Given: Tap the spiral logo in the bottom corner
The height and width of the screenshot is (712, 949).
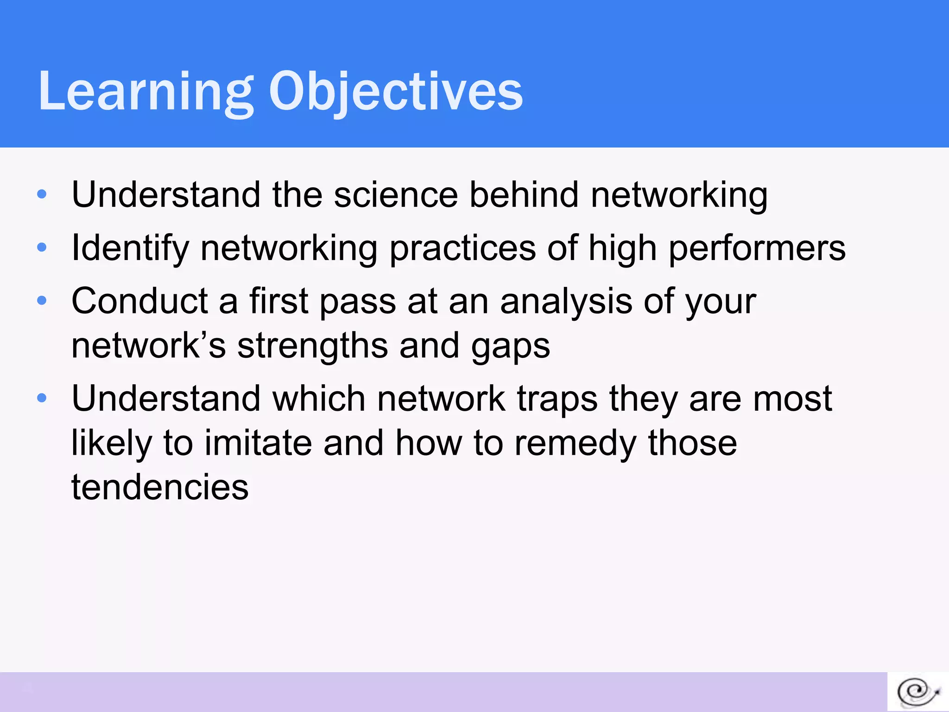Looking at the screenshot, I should pos(918,693).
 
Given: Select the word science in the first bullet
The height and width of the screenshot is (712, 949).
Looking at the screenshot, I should pos(396,195).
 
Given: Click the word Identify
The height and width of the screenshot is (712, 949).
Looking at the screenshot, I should pos(130,248).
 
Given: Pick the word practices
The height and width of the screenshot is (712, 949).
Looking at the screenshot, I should pos(462,248).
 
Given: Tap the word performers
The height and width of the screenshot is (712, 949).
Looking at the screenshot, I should pos(757,248).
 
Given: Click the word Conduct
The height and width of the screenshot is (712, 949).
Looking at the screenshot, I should pos(139,301).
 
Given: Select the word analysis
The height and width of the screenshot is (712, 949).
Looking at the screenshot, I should pos(566,301).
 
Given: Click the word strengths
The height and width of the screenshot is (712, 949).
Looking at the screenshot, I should pos(312,346).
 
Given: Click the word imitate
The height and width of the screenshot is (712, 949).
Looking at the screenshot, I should pos(258,443).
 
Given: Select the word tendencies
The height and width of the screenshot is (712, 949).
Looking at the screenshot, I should pos(160,487).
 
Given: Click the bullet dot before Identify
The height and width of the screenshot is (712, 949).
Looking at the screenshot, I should pos(42,248).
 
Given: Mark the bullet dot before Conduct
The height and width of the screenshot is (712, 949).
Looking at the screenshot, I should pos(42,301).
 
